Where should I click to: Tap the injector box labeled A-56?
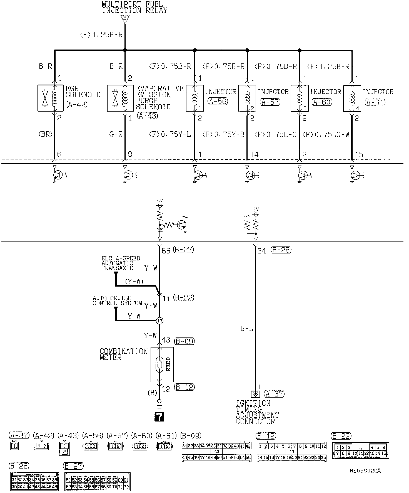click(x=194, y=98)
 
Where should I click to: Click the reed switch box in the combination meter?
click(x=162, y=364)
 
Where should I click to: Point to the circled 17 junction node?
click(x=159, y=321)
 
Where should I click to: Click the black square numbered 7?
click(x=159, y=417)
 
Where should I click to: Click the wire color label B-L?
click(x=247, y=329)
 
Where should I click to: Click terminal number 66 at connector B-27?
click(x=166, y=251)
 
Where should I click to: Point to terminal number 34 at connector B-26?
click(x=261, y=251)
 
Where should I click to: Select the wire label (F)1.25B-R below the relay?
click(x=101, y=35)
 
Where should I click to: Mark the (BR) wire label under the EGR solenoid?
click(x=45, y=134)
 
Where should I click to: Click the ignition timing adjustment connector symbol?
click(x=255, y=394)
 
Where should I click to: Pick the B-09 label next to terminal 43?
click(x=184, y=341)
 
